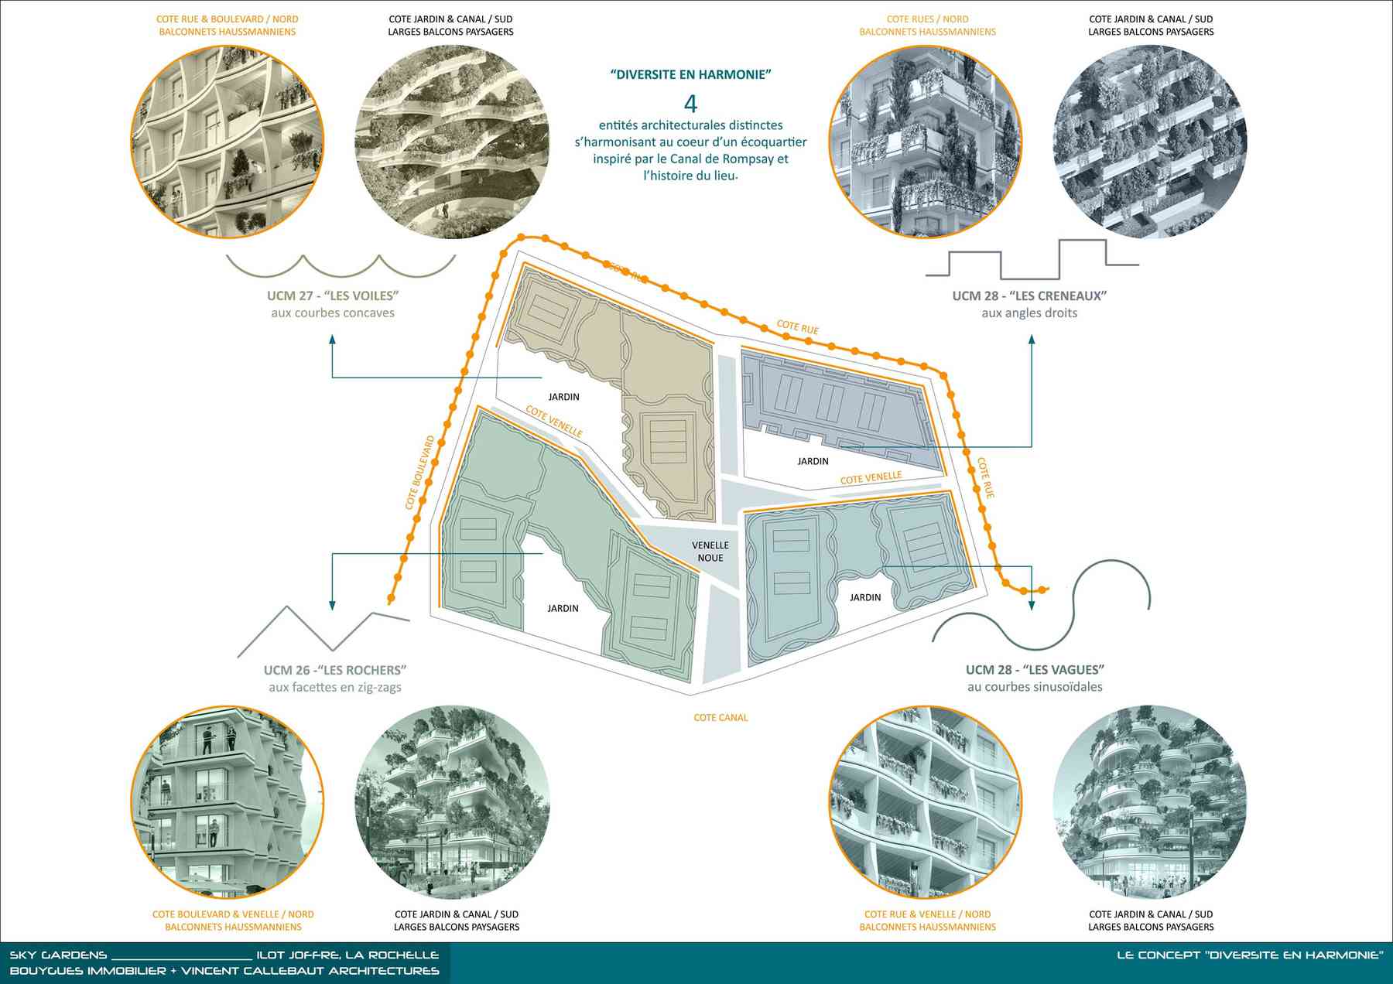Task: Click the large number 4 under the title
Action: tap(690, 103)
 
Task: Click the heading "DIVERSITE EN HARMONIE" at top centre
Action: tap(690, 75)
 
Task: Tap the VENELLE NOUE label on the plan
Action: tap(710, 552)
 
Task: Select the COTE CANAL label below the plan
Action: tap(720, 718)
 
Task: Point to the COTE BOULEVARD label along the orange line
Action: tap(420, 472)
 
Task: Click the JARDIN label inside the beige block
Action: tap(563, 397)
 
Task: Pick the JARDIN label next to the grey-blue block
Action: tap(813, 461)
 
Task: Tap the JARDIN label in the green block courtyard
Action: tap(563, 609)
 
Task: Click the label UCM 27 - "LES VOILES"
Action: tap(333, 296)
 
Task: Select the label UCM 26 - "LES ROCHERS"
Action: tap(335, 670)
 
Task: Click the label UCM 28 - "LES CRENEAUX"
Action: tap(1029, 296)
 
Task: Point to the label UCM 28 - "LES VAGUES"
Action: tap(1035, 669)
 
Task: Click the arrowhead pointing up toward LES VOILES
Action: tap(332, 340)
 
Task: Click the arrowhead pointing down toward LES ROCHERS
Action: tap(332, 605)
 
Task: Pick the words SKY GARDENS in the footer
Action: tap(58, 955)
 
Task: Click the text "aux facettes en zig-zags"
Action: tap(335, 687)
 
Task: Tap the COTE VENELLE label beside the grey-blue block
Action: tap(871, 478)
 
